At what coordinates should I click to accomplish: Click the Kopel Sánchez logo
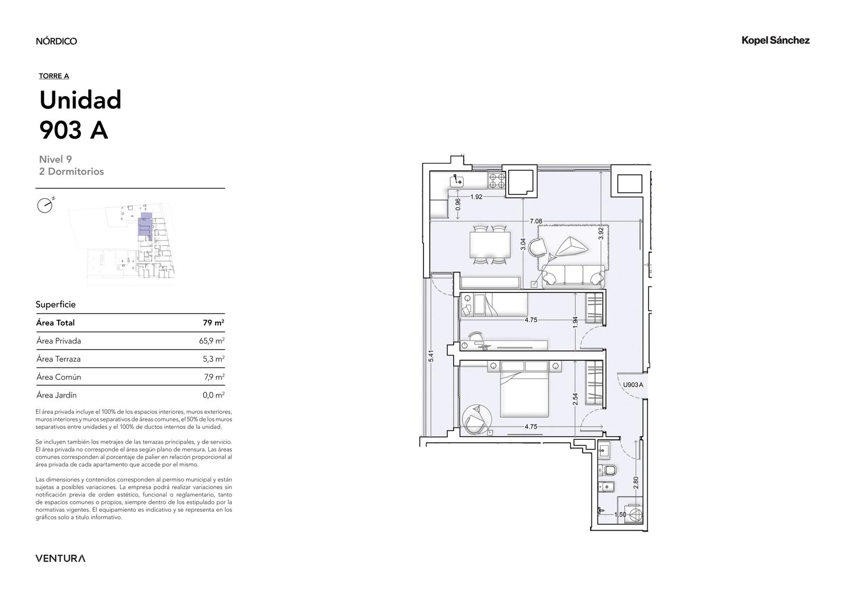point(775,41)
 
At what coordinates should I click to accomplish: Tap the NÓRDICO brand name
point(56,41)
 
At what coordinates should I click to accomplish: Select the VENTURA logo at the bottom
point(60,558)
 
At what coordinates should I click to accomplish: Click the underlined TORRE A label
point(54,76)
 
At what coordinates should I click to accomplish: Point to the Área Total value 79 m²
point(214,323)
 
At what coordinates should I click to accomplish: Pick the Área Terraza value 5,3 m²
point(214,359)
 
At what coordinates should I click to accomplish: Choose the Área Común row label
point(59,377)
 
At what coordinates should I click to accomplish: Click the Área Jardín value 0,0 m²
point(214,395)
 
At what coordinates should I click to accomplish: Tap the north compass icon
point(45,206)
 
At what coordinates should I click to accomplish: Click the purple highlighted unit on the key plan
point(145,226)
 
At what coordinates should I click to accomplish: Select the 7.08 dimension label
point(536,221)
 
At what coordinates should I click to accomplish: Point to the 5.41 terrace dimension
point(431,356)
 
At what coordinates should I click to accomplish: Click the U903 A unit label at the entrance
point(632,385)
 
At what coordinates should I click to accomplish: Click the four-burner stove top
point(496,181)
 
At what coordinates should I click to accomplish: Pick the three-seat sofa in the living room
point(573,274)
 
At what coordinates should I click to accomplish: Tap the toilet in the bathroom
point(608,471)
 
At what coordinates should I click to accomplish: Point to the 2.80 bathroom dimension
point(636,482)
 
